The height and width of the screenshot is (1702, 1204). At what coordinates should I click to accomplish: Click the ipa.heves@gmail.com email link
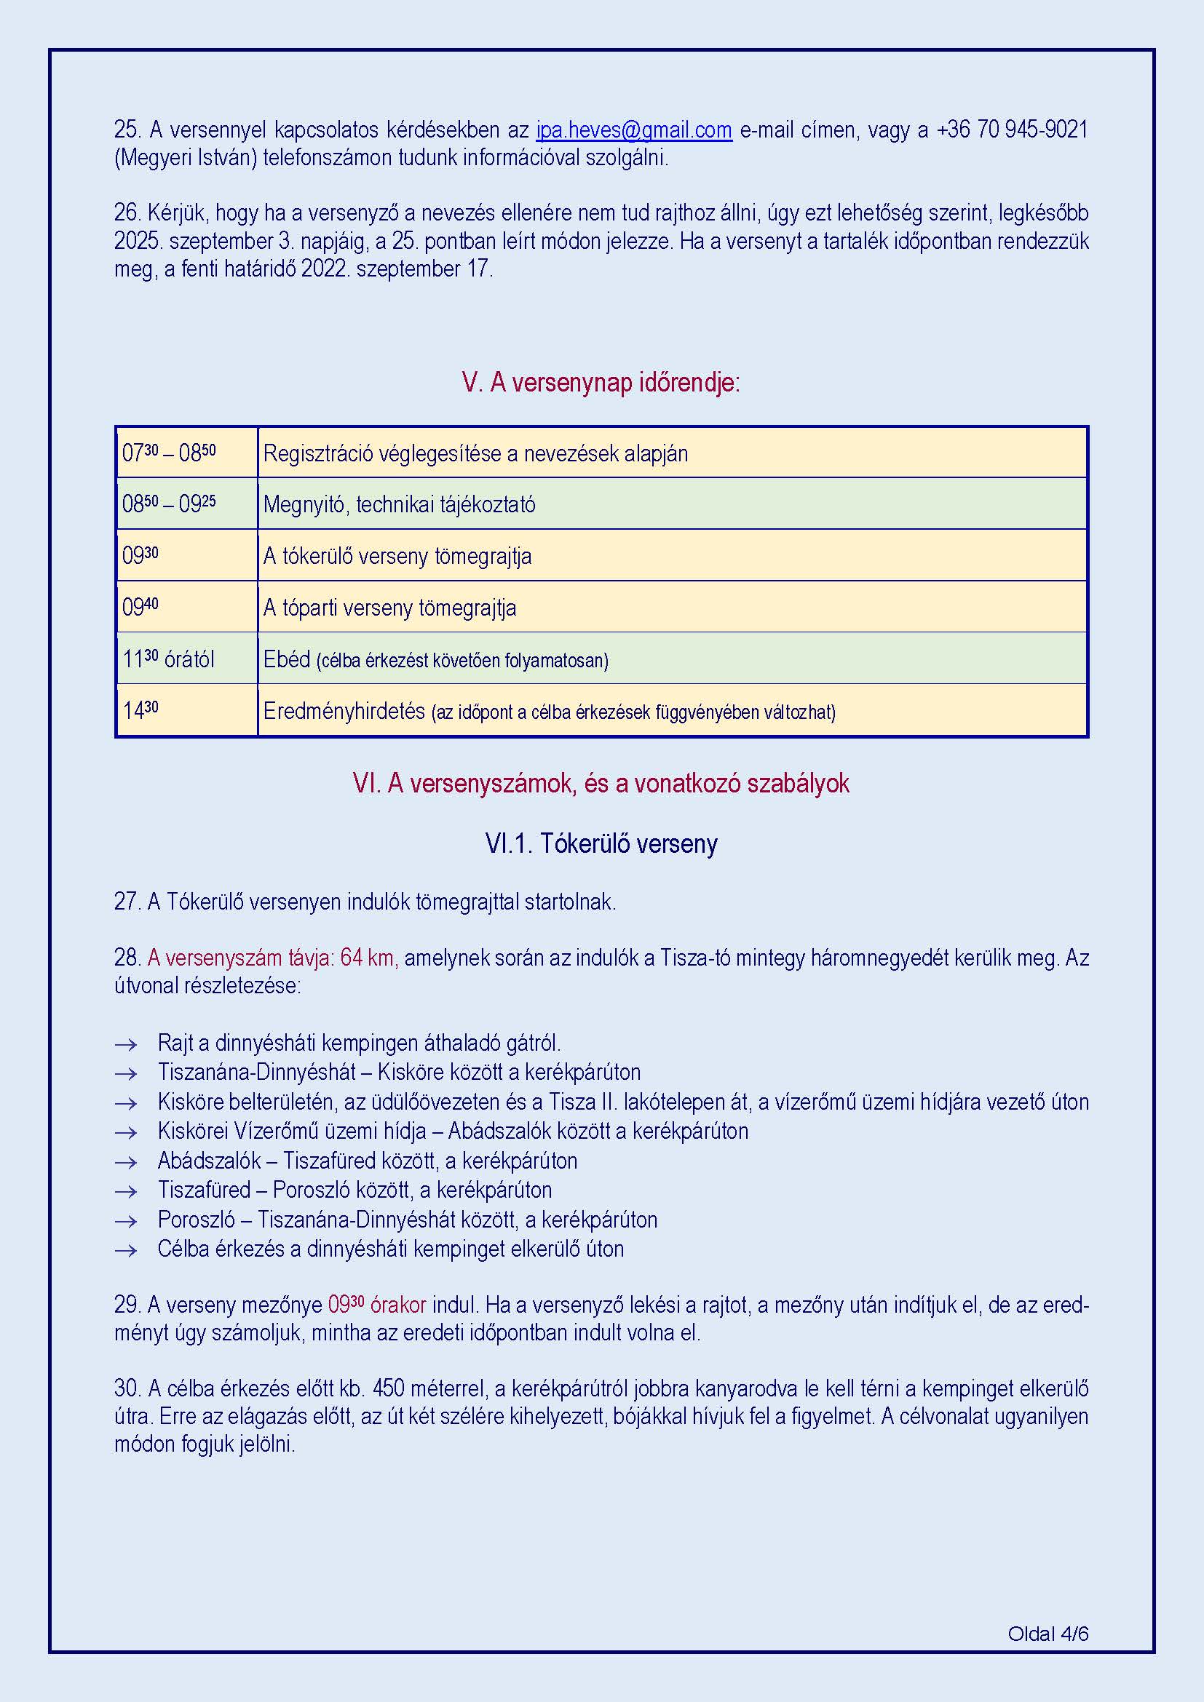coord(634,130)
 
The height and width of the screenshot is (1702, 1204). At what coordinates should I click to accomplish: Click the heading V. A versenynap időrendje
coord(601,383)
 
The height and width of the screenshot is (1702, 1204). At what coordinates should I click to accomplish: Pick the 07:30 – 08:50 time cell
coord(170,452)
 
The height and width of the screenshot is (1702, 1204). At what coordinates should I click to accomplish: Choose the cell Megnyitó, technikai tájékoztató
coord(399,505)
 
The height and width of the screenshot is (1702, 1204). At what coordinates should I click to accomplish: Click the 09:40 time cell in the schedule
coord(141,607)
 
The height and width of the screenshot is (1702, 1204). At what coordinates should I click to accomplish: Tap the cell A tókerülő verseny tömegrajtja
coord(397,556)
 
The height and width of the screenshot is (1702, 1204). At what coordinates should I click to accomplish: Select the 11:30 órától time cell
coord(168,659)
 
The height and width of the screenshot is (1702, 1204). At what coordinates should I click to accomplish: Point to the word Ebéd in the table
coord(287,659)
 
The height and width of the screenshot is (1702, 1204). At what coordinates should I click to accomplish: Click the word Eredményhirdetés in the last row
coord(344,711)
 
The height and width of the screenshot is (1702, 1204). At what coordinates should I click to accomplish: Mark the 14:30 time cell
coord(141,710)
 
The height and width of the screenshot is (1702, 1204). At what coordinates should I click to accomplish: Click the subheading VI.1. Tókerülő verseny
coord(601,843)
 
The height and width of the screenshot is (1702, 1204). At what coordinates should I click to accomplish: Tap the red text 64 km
coord(368,958)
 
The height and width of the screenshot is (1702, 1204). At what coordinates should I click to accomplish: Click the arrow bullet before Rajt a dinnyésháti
coord(126,1044)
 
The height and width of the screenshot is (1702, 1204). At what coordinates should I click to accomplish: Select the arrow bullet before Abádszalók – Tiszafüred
coord(126,1161)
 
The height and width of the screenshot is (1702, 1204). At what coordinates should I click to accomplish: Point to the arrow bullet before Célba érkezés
coord(126,1250)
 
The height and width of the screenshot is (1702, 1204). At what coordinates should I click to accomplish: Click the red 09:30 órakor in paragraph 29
coord(376,1305)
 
